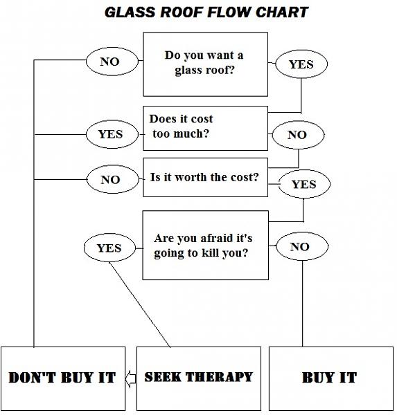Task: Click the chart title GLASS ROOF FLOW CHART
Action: click(x=206, y=12)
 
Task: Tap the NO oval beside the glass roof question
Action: click(x=109, y=62)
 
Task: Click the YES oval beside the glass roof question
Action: click(x=301, y=64)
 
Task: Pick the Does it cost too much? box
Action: click(x=205, y=127)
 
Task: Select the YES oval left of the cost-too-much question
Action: click(x=109, y=134)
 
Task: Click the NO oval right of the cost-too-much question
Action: click(x=297, y=135)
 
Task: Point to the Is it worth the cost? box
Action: click(x=205, y=178)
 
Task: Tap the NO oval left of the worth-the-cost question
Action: click(x=109, y=180)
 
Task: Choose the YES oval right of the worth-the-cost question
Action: click(x=303, y=184)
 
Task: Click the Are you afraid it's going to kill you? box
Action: click(x=205, y=245)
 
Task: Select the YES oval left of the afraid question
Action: click(x=109, y=248)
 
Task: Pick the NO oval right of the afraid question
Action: click(x=299, y=246)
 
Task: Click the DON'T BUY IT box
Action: click(x=62, y=378)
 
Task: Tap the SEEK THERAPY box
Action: click(x=199, y=378)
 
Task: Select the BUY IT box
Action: click(x=329, y=378)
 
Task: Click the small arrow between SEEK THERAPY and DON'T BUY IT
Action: click(x=130, y=378)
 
